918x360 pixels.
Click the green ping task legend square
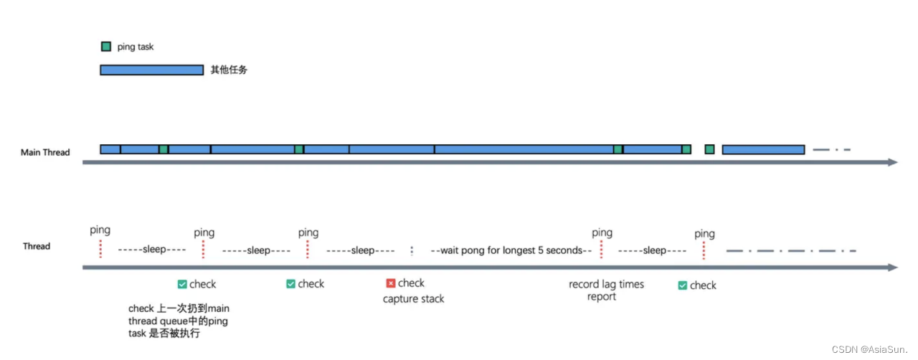point(105,47)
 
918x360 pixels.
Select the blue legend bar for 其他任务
point(151,70)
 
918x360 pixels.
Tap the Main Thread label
point(45,152)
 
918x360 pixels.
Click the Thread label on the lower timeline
point(37,246)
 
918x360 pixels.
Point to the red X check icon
point(391,283)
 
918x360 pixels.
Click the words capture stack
point(413,298)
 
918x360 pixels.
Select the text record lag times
point(606,284)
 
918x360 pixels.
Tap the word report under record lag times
point(601,297)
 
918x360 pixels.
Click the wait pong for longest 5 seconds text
point(511,250)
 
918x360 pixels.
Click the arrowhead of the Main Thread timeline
point(893,163)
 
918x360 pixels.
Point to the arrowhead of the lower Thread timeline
point(893,267)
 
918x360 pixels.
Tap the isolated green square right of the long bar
point(709,149)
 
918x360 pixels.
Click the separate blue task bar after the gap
point(763,149)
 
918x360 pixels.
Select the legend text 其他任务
point(229,70)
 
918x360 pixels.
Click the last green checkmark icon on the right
point(683,285)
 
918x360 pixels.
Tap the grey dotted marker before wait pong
point(412,251)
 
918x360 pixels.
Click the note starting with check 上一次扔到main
point(179,321)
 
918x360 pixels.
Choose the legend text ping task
point(136,47)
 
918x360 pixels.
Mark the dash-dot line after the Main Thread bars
point(831,150)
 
